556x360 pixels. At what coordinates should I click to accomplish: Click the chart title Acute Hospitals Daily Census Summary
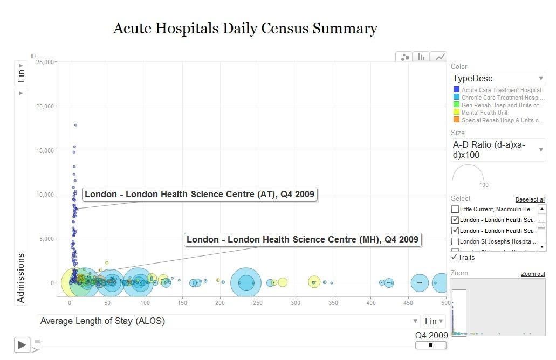tap(245, 29)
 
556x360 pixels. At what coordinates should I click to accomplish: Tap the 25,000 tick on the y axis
tap(44, 62)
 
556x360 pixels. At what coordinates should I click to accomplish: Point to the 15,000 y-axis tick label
tap(44, 150)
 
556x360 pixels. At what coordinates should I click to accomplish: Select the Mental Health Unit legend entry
tap(484, 113)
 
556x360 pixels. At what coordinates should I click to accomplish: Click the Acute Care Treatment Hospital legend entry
tap(501, 90)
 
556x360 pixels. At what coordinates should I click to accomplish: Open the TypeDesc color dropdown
tap(498, 79)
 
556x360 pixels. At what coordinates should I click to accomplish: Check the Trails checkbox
tap(454, 258)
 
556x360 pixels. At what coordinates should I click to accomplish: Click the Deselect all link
tap(530, 199)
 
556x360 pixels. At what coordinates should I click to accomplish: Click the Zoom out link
tap(533, 274)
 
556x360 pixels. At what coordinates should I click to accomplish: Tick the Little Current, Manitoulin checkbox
tap(455, 209)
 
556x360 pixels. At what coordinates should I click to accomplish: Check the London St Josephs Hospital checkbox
tap(455, 241)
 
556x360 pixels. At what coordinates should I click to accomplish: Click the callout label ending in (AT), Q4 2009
tap(200, 195)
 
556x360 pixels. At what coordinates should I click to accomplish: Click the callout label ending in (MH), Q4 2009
tap(302, 240)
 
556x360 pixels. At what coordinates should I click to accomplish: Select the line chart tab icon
tap(440, 57)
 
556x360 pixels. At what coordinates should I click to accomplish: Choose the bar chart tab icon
tap(422, 57)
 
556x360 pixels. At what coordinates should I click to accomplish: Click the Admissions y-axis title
tap(21, 278)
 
